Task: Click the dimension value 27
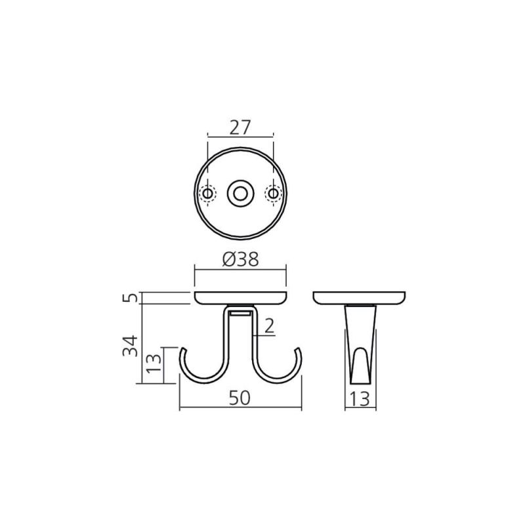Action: [240, 127]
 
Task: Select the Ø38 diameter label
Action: [240, 259]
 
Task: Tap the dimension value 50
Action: [240, 398]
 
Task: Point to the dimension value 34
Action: [130, 346]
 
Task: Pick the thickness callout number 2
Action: [270, 326]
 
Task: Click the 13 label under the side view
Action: [360, 399]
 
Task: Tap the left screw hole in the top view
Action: [207, 194]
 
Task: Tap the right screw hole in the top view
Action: [273, 194]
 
